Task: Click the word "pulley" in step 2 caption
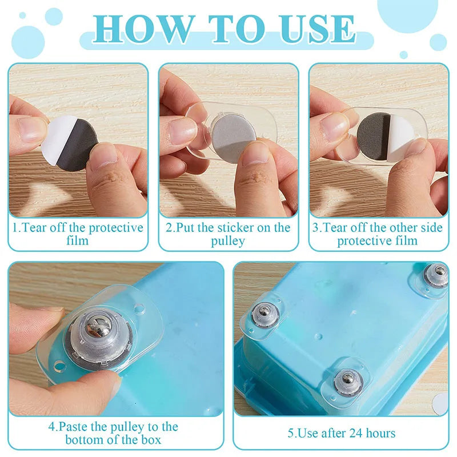(x=228, y=241)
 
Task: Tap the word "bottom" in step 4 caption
(x=84, y=439)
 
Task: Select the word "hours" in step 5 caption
(x=380, y=433)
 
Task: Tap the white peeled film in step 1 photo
(x=58, y=140)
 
